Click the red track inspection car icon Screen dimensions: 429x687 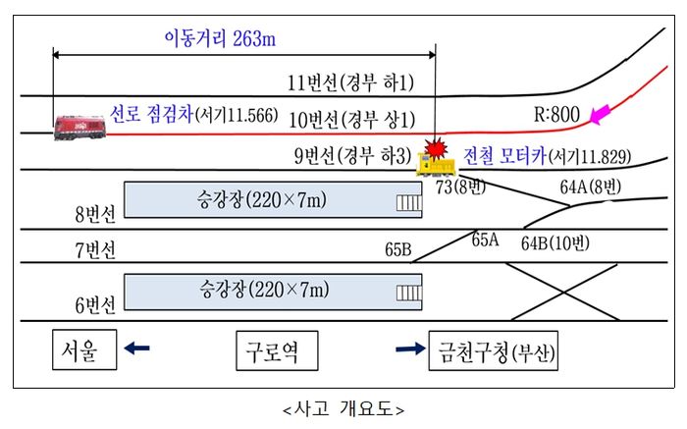click(x=80, y=126)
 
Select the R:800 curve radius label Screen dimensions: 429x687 click(x=556, y=115)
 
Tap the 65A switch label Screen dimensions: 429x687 click(x=485, y=239)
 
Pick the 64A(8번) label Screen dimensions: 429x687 click(x=590, y=187)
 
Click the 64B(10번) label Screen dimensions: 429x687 click(x=555, y=242)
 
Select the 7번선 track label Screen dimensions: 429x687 click(x=95, y=249)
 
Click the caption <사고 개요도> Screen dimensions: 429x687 click(x=343, y=407)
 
